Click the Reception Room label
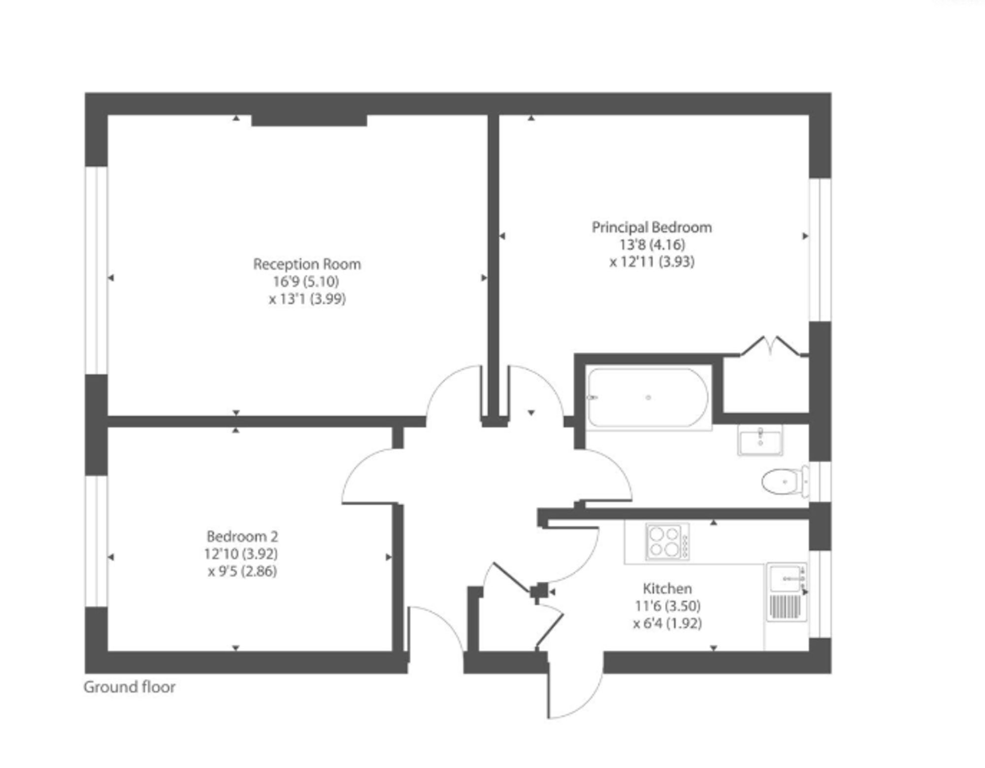[x=307, y=264]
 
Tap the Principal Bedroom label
[x=652, y=227]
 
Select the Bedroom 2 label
[x=242, y=536]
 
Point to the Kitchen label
[x=667, y=588]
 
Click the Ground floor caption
[x=130, y=687]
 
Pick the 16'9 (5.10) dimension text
[x=306, y=282]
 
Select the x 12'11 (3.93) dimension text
[x=652, y=261]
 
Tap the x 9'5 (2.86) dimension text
[x=242, y=571]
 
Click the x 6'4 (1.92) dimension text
[x=667, y=623]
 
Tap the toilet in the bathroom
[x=785, y=481]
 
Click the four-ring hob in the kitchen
[x=667, y=542]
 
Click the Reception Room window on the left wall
[x=97, y=270]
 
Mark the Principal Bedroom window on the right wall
[x=820, y=250]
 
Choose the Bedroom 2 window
[x=97, y=541]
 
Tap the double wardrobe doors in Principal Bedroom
[x=773, y=346]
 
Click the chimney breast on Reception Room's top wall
[x=309, y=120]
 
